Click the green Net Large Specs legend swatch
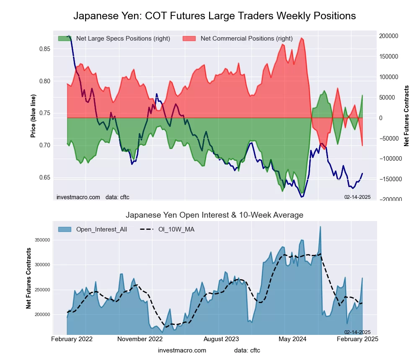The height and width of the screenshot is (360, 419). (65, 39)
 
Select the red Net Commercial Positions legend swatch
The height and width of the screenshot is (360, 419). (189, 39)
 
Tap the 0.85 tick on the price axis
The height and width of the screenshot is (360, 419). (44, 49)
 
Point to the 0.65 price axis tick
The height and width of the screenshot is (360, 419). (44, 177)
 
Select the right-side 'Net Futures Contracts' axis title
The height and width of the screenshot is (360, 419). (406, 116)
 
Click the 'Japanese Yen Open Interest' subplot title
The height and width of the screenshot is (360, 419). (215, 215)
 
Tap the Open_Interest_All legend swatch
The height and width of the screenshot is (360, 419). (65, 229)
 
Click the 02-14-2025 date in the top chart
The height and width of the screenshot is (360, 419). (357, 197)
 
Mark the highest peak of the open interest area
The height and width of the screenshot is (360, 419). (321, 226)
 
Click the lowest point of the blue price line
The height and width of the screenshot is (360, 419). (301, 196)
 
